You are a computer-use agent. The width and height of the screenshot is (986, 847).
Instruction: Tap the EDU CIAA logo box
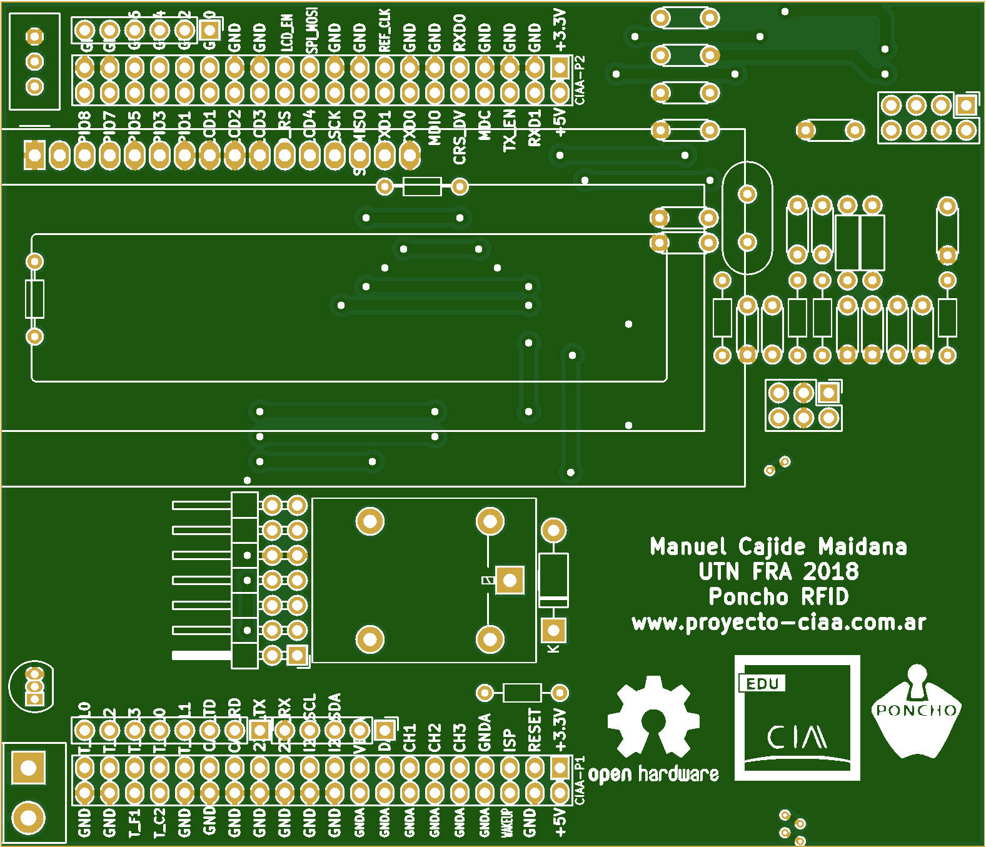coord(797,718)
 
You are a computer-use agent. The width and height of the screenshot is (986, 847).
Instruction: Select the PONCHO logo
coord(916,713)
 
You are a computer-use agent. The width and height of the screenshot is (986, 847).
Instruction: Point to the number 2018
coord(830,571)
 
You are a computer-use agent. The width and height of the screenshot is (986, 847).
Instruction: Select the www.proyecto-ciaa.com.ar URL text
coord(778,623)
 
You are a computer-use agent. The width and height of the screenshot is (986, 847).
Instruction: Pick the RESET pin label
coord(535,730)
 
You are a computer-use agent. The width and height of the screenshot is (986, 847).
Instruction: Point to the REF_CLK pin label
coord(385,31)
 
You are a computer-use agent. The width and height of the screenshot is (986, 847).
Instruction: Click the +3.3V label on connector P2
coord(560,30)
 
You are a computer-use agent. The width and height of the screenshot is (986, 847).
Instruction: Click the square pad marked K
coord(553,630)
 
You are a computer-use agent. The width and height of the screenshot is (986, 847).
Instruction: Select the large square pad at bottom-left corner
coord(29,767)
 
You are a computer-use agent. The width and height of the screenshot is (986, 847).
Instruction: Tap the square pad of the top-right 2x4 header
coord(966,105)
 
